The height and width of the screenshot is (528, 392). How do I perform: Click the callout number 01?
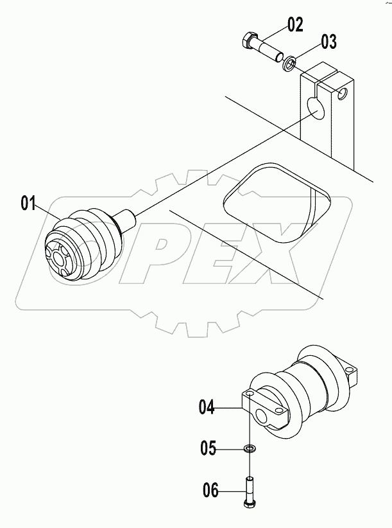coord(28,204)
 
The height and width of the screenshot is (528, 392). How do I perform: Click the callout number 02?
coord(294,26)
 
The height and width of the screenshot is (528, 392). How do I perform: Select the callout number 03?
coord(328,42)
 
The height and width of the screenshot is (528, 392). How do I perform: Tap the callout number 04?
coord(206,406)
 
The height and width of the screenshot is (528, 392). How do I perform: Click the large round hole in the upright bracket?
coord(316,107)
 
